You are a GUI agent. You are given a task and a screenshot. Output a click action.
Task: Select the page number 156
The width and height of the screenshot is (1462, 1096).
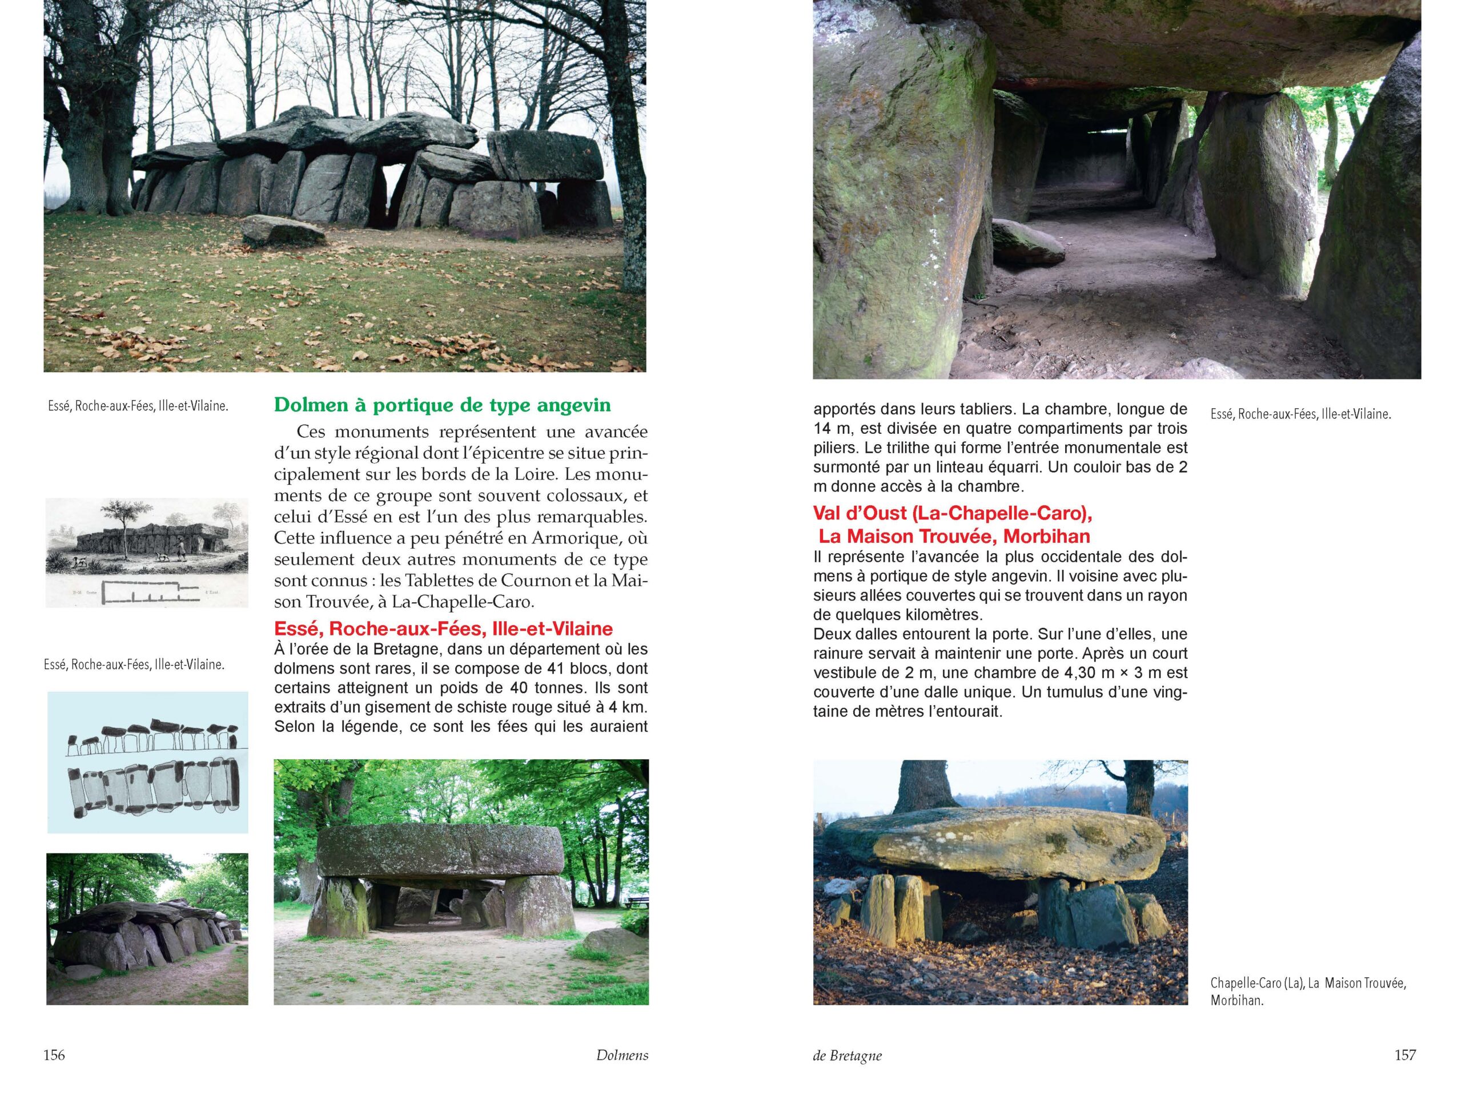click(x=54, y=1054)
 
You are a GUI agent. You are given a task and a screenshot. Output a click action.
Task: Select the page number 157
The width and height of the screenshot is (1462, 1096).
click(x=1405, y=1054)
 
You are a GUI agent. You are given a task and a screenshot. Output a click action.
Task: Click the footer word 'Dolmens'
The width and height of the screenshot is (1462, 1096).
click(x=621, y=1055)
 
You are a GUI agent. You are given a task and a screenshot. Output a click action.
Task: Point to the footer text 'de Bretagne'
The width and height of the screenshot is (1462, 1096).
click(x=848, y=1055)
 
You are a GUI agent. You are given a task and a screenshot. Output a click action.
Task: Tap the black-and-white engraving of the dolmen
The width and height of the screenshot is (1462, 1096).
click(x=147, y=553)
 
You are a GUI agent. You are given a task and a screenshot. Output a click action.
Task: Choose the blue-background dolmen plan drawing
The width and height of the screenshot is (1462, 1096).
click(x=147, y=763)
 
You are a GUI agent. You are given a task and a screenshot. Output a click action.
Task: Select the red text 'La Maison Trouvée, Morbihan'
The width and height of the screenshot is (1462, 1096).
click(x=954, y=536)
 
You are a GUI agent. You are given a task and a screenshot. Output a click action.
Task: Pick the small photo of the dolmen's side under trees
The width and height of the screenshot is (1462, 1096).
click(x=147, y=929)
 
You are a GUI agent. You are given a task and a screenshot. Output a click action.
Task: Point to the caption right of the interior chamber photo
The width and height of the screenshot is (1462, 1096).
click(x=1301, y=415)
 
